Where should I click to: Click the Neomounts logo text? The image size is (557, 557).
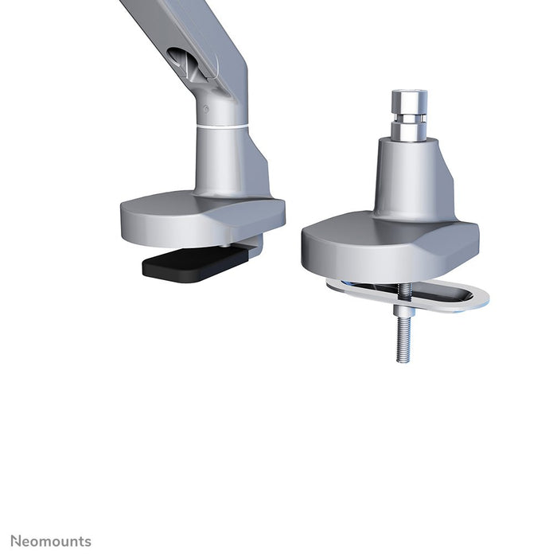coord(51,542)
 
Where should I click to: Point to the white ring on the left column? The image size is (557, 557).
coord(220,126)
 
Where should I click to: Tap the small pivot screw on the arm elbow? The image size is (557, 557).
coord(206,109)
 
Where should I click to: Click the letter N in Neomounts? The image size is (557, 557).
coord(16,542)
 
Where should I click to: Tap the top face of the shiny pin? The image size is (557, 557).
coord(408,93)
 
